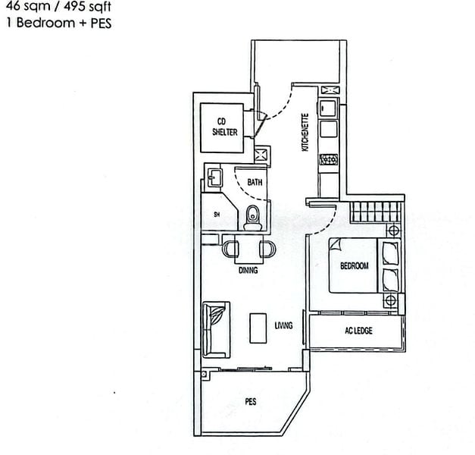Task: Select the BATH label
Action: (255, 182)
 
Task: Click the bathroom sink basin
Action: (214, 179)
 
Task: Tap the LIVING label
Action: (284, 325)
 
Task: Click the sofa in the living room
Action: (216, 329)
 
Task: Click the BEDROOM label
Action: (354, 266)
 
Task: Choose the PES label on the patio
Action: (250, 401)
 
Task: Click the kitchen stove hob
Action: (329, 159)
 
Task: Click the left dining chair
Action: (231, 248)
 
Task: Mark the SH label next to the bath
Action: (217, 215)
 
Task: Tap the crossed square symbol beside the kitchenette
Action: (262, 155)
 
